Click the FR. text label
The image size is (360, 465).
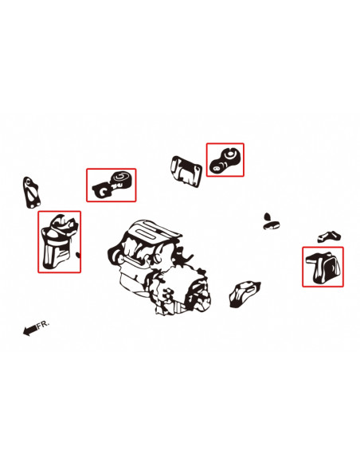point(43,324)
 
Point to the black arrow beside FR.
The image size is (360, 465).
point(30,330)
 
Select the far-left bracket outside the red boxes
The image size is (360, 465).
point(30,193)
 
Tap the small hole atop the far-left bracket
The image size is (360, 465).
point(28,181)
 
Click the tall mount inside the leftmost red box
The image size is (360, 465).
point(59,241)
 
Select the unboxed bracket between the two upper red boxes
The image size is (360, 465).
point(186,172)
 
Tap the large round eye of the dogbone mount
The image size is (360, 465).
point(229,154)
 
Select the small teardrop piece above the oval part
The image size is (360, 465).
point(267,217)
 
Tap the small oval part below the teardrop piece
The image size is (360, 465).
point(272,225)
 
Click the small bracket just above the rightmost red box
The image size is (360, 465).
point(329,236)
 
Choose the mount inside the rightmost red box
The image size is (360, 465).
point(324,268)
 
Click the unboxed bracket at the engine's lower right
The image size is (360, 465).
point(244,294)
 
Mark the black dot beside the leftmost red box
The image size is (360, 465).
point(78,255)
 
